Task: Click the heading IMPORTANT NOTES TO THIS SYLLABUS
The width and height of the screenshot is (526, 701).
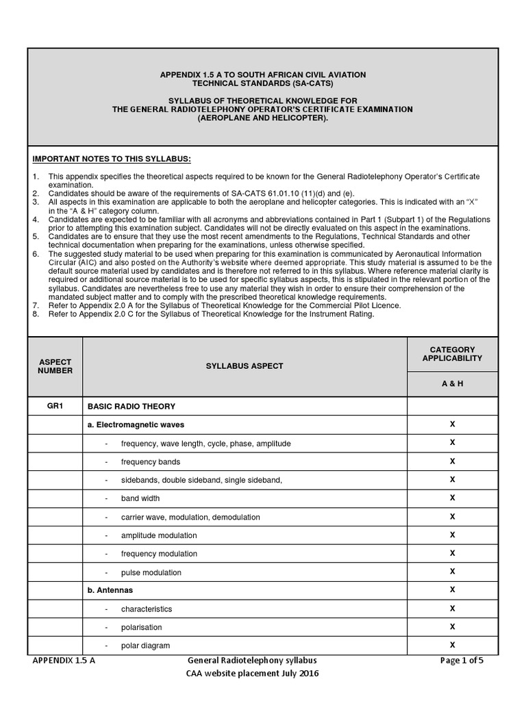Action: [x=107, y=160]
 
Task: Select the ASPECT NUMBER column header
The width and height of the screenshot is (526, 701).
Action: [x=55, y=366]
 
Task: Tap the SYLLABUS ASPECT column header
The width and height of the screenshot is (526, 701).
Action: [x=245, y=366]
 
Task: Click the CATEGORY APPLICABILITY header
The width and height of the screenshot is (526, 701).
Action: [x=452, y=354]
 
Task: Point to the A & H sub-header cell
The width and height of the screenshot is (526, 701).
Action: [x=452, y=384]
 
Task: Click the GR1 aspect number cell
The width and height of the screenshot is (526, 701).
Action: [x=55, y=406]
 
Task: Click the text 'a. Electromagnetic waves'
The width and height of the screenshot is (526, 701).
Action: [x=136, y=424]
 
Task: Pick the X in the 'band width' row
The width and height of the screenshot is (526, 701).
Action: [x=452, y=498]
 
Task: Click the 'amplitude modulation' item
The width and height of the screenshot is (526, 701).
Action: [x=159, y=535]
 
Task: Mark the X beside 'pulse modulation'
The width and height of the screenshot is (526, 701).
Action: [x=452, y=572]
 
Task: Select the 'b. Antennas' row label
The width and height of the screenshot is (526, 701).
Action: [x=110, y=590]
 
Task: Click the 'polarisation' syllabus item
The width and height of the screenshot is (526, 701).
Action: [x=142, y=627]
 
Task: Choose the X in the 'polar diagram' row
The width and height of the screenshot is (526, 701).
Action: [x=452, y=645]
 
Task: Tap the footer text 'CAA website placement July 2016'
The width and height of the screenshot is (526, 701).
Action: [x=252, y=674]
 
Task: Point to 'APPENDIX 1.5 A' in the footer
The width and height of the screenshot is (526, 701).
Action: [x=64, y=661]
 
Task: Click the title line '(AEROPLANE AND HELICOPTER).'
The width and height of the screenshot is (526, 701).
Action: [x=263, y=118]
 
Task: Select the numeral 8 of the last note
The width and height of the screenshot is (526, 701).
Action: [x=35, y=314]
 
